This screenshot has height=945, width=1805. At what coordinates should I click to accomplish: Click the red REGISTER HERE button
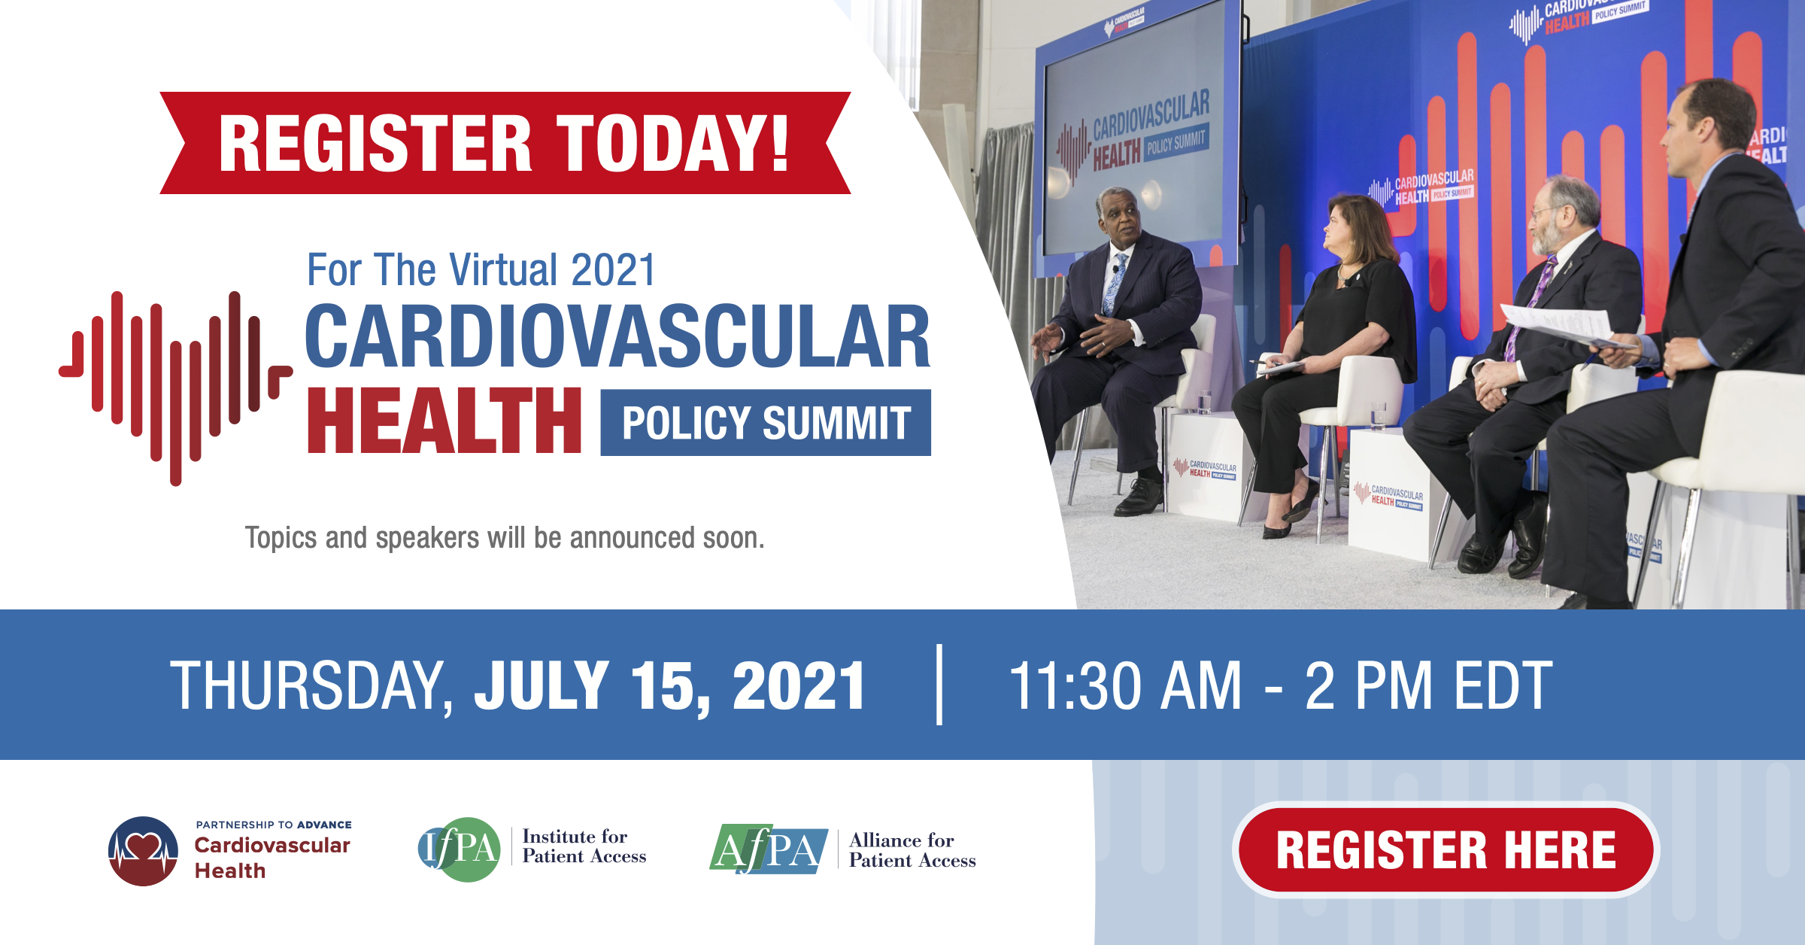1446,849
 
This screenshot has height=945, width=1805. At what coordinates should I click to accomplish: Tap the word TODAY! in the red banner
672,143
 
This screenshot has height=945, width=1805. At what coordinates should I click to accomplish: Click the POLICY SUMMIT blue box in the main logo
766,423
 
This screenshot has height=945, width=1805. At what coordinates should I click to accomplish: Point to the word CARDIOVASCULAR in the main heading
617,337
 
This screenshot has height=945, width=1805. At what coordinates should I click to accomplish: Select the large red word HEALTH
444,421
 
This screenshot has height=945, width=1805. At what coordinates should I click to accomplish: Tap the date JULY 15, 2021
669,685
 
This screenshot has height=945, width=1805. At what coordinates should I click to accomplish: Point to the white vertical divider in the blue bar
939,684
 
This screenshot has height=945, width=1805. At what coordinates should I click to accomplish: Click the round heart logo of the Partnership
143,851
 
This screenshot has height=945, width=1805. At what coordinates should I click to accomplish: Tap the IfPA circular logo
459,849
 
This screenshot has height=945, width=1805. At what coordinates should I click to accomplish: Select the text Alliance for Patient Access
912,850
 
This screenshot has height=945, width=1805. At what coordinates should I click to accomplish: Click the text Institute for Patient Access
584,846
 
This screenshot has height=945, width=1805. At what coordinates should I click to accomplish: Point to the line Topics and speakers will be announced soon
504,538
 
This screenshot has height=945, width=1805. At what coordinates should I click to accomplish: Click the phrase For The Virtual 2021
481,270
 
